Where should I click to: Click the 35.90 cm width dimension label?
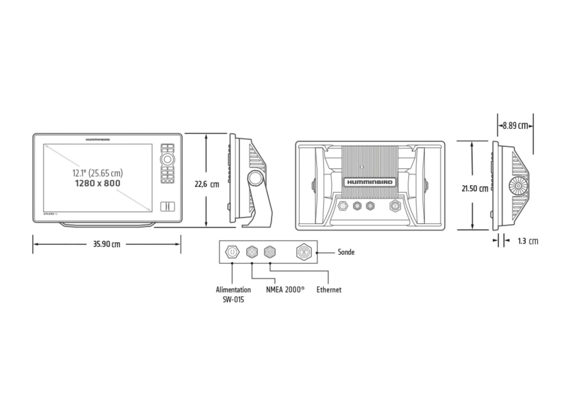pyautogui.click(x=107, y=244)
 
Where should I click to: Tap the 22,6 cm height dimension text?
pyautogui.click(x=207, y=185)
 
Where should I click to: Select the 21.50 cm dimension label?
pyautogui.click(x=474, y=188)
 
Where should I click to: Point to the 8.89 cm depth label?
pyautogui.click(x=515, y=125)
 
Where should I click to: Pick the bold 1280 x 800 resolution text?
pyautogui.click(x=97, y=183)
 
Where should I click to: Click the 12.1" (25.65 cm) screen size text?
pyautogui.click(x=98, y=173)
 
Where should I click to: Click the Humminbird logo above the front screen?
pyautogui.click(x=97, y=139)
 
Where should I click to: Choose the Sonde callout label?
pyautogui.click(x=346, y=252)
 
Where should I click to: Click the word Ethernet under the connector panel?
pyautogui.click(x=329, y=290)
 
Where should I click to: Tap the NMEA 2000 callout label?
pyautogui.click(x=284, y=290)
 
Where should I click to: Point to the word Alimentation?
pyautogui.click(x=233, y=290)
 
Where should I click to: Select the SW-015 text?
pyautogui.click(x=233, y=300)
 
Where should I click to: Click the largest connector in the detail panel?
pyautogui.click(x=304, y=252)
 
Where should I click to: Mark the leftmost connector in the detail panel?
pyautogui.click(x=232, y=252)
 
